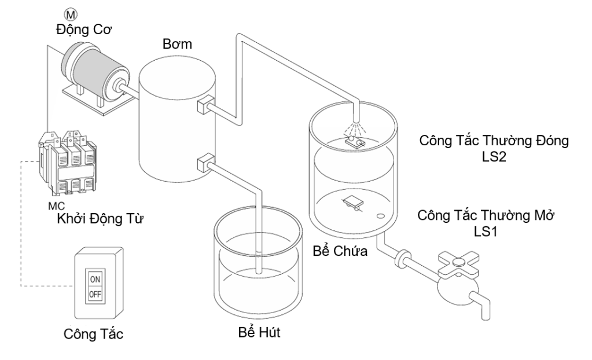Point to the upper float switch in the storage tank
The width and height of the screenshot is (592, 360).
coord(355,139)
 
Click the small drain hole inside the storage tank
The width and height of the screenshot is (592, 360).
coord(381,217)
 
